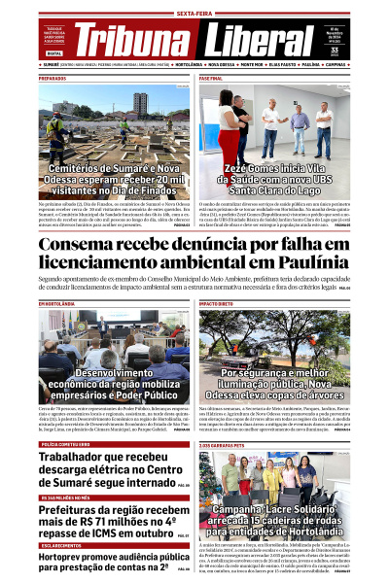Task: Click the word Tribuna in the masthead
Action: (x=130, y=41)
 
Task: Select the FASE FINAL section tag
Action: (x=211, y=78)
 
